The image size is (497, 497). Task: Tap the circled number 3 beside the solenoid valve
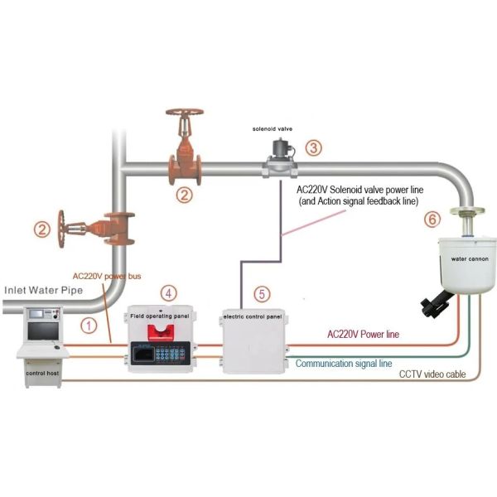point(312,149)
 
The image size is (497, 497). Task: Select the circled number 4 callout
point(168,292)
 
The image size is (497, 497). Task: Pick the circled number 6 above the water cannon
point(431,220)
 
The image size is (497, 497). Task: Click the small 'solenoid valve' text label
point(272,130)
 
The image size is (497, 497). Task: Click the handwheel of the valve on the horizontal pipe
point(185,117)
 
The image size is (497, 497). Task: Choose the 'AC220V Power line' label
point(364,335)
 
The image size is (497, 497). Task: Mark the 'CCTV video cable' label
point(432,374)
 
